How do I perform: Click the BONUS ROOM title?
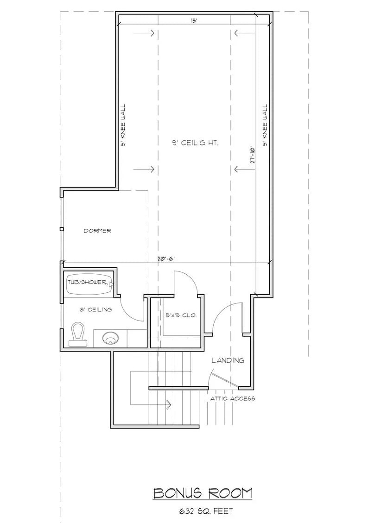[x=203, y=493]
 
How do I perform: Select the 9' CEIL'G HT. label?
[x=195, y=144]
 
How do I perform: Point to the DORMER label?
[x=97, y=231]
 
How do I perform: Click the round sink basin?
[x=110, y=339]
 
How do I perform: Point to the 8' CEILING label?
[x=96, y=309]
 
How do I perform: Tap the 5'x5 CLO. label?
[x=181, y=315]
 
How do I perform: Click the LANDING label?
[x=228, y=360]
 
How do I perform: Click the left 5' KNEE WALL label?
[x=123, y=125]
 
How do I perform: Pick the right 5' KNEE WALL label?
[x=266, y=125]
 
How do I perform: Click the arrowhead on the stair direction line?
[x=169, y=404]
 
